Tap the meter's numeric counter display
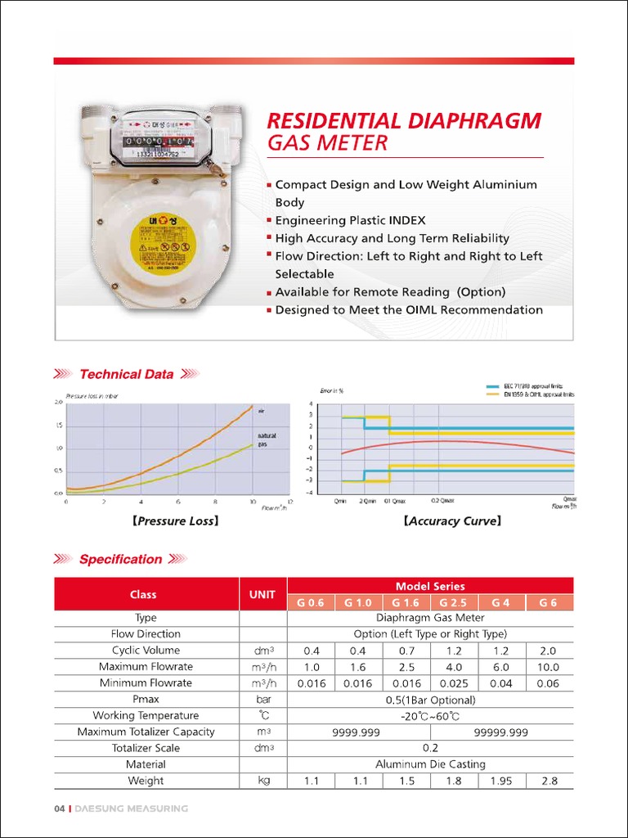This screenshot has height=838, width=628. (x=159, y=141)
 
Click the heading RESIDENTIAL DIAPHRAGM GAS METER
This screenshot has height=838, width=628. (x=404, y=132)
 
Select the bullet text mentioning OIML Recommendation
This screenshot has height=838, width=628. (x=408, y=310)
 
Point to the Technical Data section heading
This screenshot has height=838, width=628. (x=126, y=374)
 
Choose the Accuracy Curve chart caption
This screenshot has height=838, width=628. (x=452, y=520)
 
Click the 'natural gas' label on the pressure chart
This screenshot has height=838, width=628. (x=267, y=439)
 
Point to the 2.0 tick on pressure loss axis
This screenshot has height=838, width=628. (x=58, y=402)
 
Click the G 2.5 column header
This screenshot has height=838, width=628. (x=454, y=603)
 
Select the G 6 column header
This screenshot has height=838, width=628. (x=549, y=603)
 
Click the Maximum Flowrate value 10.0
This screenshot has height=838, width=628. (x=549, y=667)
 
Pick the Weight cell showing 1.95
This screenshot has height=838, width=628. (x=501, y=781)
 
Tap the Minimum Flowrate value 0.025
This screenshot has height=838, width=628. (x=454, y=683)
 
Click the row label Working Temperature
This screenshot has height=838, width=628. (x=146, y=715)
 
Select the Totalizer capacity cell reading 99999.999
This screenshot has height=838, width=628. (x=501, y=732)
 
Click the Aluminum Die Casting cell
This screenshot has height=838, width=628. (x=430, y=764)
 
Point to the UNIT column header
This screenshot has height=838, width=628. (x=262, y=594)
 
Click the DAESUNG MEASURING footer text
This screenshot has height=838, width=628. (x=131, y=809)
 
